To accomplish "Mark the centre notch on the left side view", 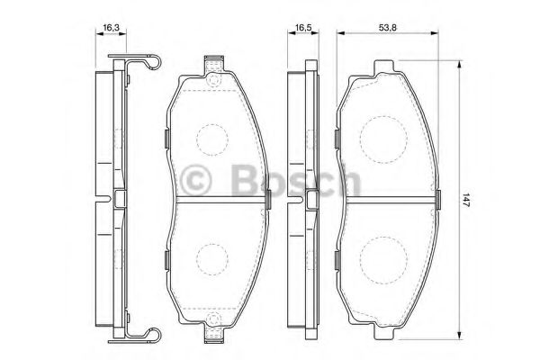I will [x=119, y=197].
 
